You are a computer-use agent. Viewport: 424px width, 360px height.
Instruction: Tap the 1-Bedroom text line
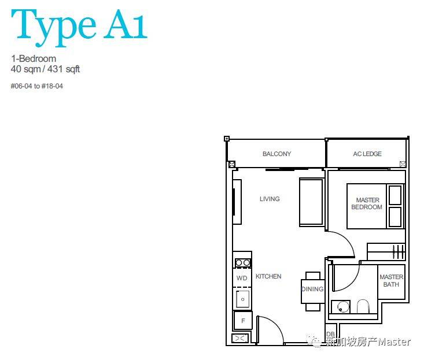click(x=34, y=58)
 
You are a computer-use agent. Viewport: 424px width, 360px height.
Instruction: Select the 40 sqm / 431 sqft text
click(x=45, y=69)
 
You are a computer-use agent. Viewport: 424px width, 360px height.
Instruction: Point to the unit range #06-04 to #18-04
click(x=37, y=86)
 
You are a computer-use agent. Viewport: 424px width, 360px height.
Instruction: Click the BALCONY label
click(x=276, y=154)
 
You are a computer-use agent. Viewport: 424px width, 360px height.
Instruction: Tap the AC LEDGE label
click(x=367, y=154)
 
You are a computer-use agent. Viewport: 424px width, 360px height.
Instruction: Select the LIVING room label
click(x=270, y=199)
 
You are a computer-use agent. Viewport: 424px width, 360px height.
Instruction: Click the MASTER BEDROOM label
click(x=367, y=203)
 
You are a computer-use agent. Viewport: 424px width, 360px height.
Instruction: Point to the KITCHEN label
click(x=268, y=276)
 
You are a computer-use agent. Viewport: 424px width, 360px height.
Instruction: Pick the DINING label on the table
click(x=312, y=289)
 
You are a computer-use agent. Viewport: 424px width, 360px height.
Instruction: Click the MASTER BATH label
click(x=391, y=281)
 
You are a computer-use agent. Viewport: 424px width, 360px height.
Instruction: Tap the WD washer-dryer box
click(x=242, y=278)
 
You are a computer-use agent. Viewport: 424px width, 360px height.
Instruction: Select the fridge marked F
click(x=243, y=321)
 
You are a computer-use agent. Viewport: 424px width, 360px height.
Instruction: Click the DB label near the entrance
click(x=330, y=335)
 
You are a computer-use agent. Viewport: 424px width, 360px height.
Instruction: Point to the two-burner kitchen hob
click(x=242, y=262)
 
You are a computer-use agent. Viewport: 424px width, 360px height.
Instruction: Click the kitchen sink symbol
click(x=242, y=299)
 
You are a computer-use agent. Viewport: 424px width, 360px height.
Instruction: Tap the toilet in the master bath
click(x=363, y=306)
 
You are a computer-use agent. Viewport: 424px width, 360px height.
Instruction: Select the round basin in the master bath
click(x=343, y=307)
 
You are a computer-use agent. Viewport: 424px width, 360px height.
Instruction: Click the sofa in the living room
click(x=312, y=202)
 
